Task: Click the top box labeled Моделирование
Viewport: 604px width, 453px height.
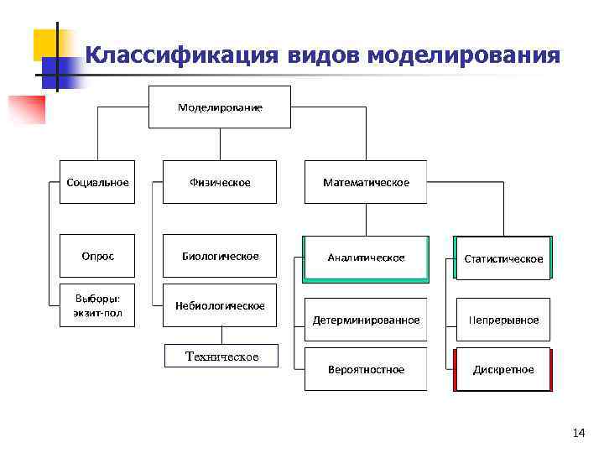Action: click(220, 107)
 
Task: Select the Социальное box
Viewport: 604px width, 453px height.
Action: click(98, 182)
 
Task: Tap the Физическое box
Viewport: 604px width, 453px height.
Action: click(220, 182)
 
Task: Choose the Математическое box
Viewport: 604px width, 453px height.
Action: click(366, 182)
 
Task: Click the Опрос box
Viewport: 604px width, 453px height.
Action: click(98, 256)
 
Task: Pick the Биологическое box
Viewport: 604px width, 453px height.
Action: click(220, 256)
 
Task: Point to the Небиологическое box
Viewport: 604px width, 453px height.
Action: click(220, 305)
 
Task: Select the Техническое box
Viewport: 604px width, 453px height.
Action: click(222, 357)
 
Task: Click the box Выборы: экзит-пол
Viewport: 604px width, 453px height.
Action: click(98, 305)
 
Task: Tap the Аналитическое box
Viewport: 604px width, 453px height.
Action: click(366, 258)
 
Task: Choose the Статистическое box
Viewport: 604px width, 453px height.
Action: click(503, 258)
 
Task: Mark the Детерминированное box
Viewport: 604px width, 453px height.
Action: click(366, 320)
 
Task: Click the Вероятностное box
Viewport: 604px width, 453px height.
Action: click(366, 369)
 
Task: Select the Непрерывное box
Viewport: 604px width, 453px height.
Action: click(503, 320)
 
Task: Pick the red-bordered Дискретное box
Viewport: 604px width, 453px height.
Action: click(503, 369)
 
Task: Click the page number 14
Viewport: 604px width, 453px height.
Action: click(578, 433)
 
